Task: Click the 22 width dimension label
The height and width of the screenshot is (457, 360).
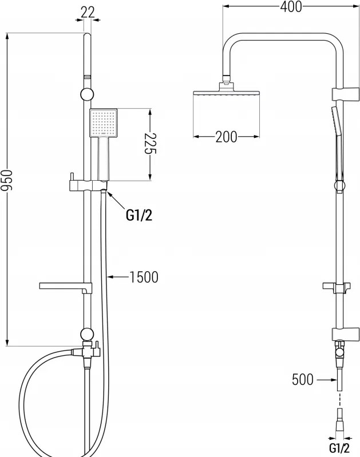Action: (88, 12)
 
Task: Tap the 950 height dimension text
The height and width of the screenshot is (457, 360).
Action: (7, 180)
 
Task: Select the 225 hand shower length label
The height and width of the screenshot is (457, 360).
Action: (151, 143)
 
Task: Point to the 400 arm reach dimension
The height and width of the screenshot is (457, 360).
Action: (291, 7)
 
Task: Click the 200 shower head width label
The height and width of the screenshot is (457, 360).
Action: (227, 137)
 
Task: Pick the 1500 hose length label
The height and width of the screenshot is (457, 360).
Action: (144, 277)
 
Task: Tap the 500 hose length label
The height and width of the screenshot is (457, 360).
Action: (303, 379)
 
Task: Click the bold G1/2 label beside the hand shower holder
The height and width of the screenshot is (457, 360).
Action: (139, 216)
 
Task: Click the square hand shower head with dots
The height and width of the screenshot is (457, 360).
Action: (103, 123)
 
